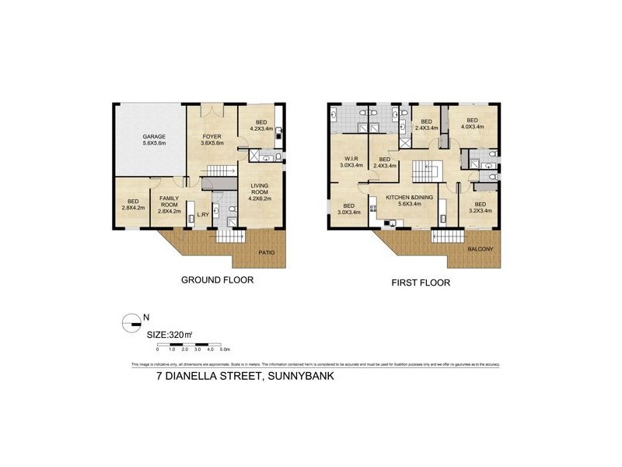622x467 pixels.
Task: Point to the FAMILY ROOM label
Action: coord(169,204)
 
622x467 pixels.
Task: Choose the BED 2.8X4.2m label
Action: coord(131,207)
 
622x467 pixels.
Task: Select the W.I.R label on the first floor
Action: coord(348,161)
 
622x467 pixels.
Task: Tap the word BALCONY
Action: coord(479,249)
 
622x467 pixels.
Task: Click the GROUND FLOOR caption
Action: coord(217,279)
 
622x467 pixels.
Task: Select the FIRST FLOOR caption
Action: coord(420,283)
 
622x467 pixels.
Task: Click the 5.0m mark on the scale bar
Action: coord(223,349)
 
